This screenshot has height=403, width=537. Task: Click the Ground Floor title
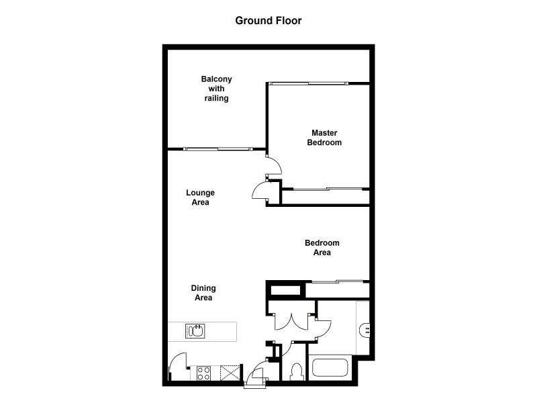tap(268, 20)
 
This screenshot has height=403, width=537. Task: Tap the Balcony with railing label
tap(217, 89)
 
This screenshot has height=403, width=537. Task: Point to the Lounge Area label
tap(200, 197)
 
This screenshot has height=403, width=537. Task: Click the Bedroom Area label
tap(322, 248)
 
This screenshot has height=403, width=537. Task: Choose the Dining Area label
tap(203, 293)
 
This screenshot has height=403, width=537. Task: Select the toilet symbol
tap(297, 371)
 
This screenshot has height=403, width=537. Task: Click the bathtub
tap(330, 369)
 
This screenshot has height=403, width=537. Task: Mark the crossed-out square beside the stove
tap(230, 373)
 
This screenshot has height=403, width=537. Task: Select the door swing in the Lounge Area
tap(260, 191)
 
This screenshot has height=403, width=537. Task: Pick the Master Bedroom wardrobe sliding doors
tap(326, 189)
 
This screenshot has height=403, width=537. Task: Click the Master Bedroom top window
tap(309, 83)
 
